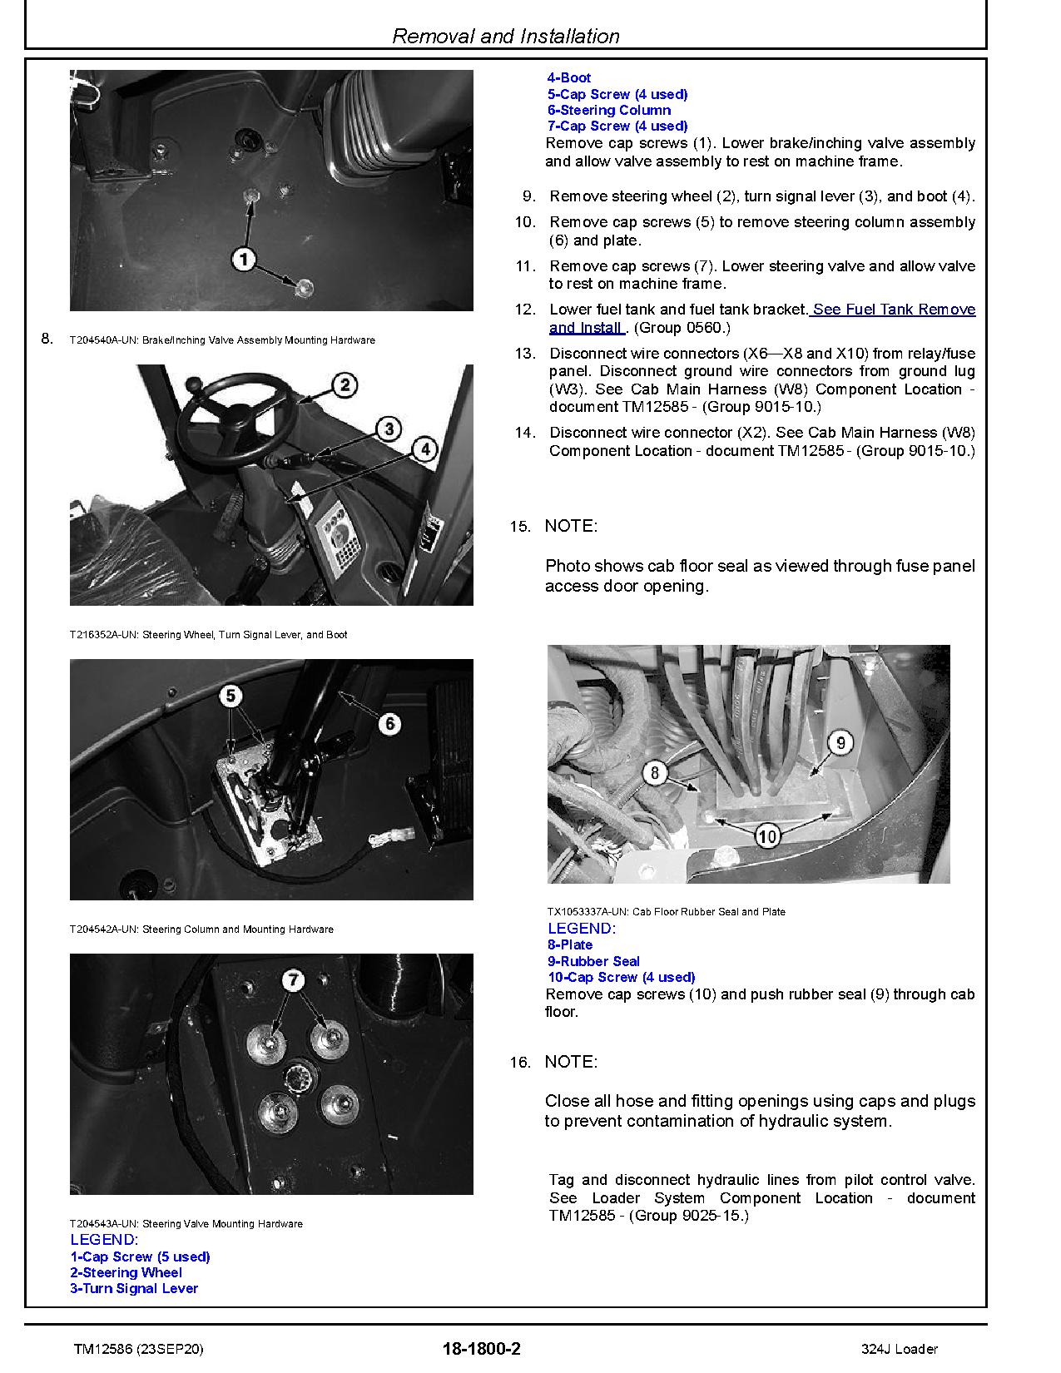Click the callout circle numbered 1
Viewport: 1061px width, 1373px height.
point(243,260)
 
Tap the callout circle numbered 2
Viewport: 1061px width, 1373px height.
point(345,384)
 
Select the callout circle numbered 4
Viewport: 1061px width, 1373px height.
point(424,449)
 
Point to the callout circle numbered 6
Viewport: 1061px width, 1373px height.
point(389,724)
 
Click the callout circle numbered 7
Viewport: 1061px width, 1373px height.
point(293,980)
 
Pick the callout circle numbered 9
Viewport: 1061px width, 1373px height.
point(840,741)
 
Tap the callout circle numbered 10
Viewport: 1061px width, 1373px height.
point(767,835)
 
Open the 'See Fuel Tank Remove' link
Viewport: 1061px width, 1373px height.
point(892,310)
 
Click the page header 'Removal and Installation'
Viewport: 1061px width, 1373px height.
point(505,36)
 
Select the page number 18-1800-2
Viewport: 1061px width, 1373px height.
point(482,1349)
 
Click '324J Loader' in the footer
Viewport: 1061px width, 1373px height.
point(900,1349)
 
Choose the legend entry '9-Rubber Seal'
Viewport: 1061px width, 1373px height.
point(593,961)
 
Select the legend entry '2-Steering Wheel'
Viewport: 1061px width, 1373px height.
point(126,1272)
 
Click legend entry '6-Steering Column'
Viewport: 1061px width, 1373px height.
point(608,110)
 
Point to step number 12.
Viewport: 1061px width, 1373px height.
point(524,310)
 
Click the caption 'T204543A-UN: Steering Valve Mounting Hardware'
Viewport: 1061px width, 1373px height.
point(186,1224)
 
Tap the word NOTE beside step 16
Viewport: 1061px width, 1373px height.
point(571,1062)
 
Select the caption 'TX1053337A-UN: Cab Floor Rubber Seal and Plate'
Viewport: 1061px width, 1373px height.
point(666,912)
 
